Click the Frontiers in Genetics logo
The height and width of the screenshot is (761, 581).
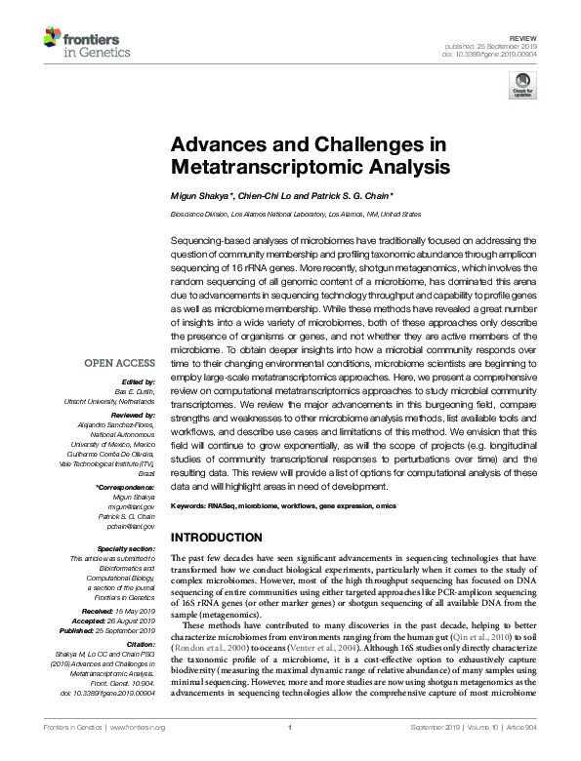point(81,42)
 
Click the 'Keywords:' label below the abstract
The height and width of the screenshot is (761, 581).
point(191,506)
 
